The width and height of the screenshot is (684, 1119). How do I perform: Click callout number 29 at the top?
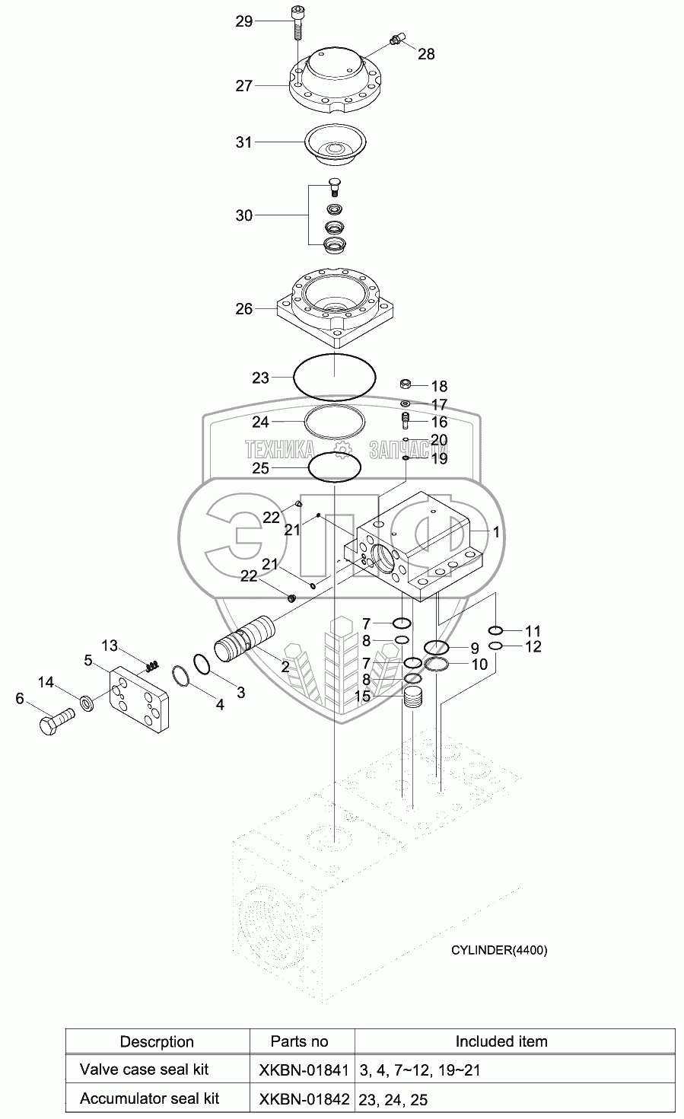click(243, 21)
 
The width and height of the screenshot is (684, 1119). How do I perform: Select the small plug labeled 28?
click(396, 39)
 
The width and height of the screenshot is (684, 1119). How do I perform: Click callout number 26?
click(243, 309)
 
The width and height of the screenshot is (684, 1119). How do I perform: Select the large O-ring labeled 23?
click(335, 377)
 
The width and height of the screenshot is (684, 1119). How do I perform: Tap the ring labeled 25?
click(334, 467)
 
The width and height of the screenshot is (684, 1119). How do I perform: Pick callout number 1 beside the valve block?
click(495, 533)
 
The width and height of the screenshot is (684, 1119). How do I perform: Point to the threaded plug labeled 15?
click(413, 697)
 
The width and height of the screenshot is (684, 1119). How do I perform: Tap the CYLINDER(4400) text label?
click(498, 949)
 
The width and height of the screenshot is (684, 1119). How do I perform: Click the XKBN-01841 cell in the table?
click(302, 1070)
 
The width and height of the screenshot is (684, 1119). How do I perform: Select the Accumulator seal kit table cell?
click(149, 1098)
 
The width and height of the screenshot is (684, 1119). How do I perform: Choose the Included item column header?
click(501, 1041)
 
